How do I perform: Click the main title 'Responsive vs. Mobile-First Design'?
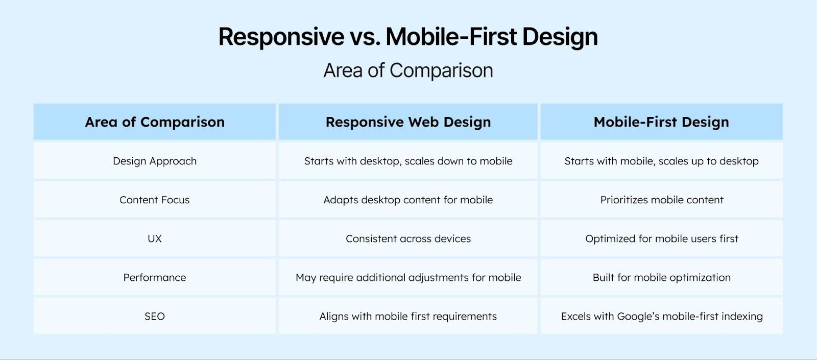[x=408, y=37]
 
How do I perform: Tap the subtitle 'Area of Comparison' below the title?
[x=408, y=70]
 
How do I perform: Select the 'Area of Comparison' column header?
[x=155, y=122]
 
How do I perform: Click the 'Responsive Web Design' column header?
[x=408, y=122]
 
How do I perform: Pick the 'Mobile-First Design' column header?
[x=661, y=122]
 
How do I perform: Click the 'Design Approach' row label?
[x=155, y=161]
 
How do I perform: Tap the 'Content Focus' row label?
[x=155, y=200]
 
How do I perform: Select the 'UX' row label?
[x=155, y=238]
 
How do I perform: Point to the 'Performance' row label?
[x=155, y=277]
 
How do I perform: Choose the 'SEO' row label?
[x=155, y=316]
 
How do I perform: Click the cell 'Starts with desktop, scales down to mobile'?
[x=408, y=161]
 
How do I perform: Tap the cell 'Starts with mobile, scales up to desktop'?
[x=661, y=161]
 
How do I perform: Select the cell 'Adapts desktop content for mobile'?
[x=408, y=200]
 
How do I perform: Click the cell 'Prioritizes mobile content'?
[x=661, y=200]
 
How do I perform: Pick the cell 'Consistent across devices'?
[x=408, y=238]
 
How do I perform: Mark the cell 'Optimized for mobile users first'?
[x=661, y=238]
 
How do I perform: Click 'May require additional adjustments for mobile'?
[x=408, y=277]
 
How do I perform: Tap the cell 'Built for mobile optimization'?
[x=661, y=277]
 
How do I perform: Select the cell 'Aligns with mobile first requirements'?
[x=408, y=316]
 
